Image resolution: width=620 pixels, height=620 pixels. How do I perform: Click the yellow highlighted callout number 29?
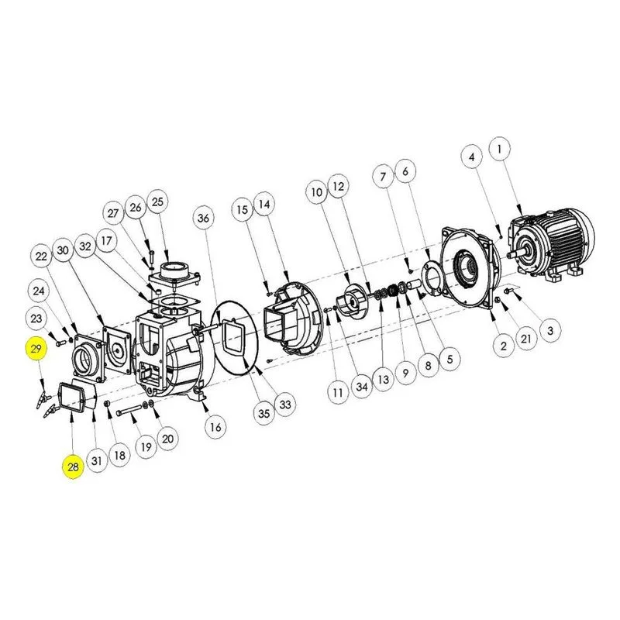point(36,349)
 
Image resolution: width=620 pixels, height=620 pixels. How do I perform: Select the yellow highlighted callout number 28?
point(73,467)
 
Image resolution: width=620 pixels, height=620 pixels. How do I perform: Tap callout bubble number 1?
point(499,149)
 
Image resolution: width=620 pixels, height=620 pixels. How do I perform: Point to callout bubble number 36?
point(203,218)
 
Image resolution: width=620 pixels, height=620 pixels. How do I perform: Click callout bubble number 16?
point(215,427)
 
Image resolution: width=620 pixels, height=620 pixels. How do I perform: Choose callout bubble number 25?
point(157,201)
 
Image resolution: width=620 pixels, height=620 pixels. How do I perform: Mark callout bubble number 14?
point(264,204)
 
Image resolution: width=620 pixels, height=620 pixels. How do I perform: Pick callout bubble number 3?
point(550,330)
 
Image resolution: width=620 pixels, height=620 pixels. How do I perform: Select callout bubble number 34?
point(362,386)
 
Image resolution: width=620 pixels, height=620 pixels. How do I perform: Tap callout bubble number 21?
point(526,339)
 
